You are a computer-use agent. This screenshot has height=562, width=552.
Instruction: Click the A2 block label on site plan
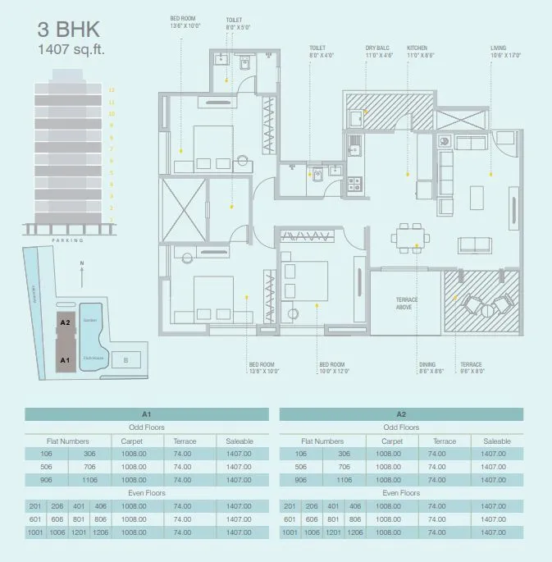[65, 323]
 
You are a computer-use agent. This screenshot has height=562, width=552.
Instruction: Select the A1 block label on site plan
[65, 359]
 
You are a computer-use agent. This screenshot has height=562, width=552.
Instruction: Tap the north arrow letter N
[83, 264]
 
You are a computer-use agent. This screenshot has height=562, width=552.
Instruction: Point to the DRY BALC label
[378, 52]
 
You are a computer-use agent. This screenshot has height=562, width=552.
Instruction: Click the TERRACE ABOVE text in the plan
[408, 304]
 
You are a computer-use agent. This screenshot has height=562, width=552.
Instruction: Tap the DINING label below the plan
[427, 368]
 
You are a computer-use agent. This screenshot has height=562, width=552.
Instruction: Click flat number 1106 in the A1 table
[113, 480]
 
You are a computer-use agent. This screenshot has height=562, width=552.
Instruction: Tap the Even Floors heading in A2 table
[401, 493]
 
